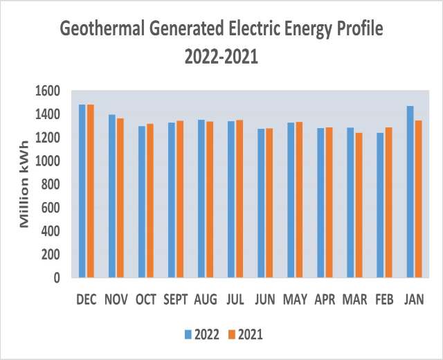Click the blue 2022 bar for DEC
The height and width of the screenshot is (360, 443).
82,191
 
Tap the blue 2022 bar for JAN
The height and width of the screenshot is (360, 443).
410,192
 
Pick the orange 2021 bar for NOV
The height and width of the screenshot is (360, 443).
120,198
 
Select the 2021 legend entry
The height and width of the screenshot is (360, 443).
245,334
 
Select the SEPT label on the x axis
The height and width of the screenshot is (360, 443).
176,300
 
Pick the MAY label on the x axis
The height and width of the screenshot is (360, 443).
295,300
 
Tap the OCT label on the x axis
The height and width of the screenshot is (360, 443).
146,300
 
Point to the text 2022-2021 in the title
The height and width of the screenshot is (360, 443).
221,57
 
